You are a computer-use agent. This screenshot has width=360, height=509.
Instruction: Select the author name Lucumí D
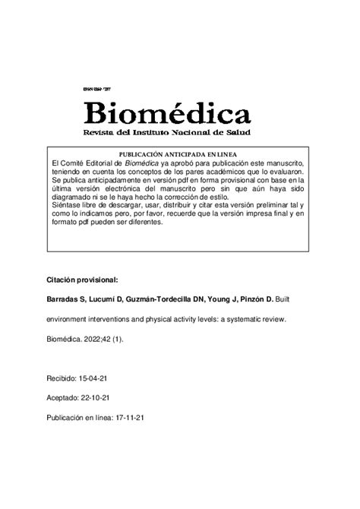pyautogui.click(x=113, y=300)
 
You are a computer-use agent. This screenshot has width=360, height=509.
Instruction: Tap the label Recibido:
pyautogui.click(x=65, y=377)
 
